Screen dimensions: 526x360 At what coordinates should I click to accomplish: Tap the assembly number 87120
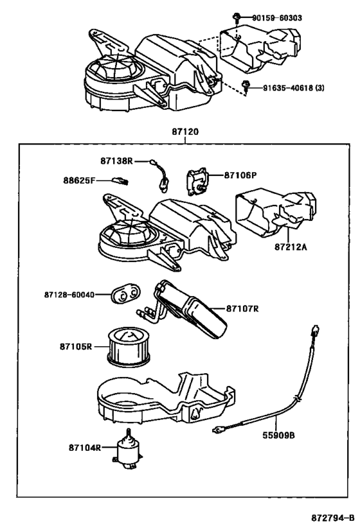185,132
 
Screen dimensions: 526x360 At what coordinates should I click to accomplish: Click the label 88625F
79,180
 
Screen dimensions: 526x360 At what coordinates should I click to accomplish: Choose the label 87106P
240,175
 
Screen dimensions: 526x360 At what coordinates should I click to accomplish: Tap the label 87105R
78,347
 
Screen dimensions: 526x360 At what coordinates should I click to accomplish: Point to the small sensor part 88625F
121,182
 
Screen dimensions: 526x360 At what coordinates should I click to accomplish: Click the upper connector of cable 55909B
315,333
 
